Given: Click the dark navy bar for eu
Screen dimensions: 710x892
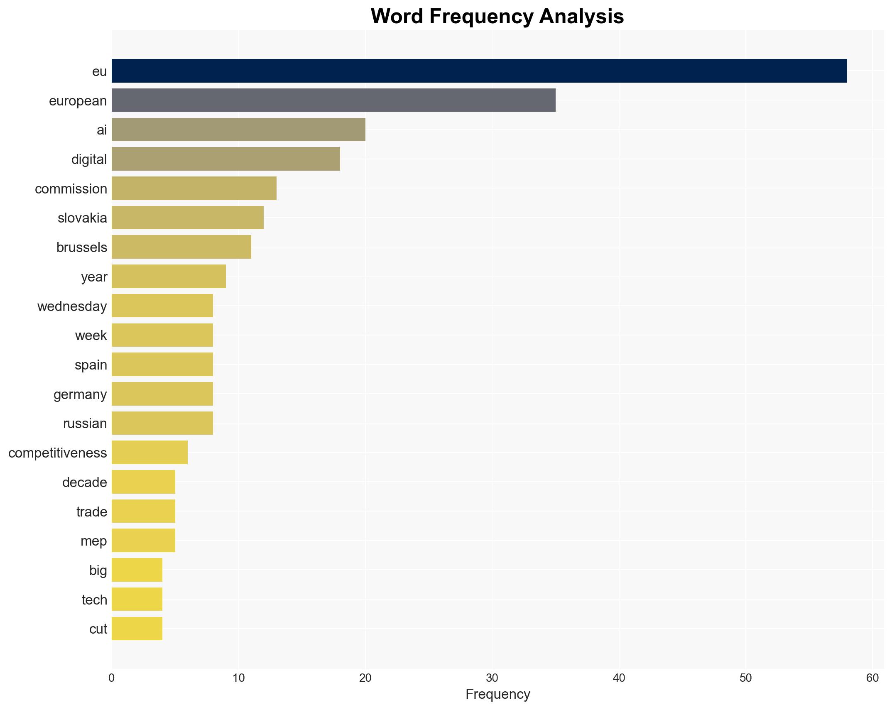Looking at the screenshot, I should (x=479, y=71).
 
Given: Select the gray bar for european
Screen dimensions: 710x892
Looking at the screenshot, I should (x=333, y=100).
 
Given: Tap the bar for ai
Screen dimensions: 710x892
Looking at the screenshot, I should (x=238, y=130).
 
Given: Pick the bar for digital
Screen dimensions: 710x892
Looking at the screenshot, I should (x=225, y=159).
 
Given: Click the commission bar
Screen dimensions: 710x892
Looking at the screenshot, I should (x=194, y=189).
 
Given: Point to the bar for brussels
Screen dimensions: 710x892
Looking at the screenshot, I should (x=181, y=247).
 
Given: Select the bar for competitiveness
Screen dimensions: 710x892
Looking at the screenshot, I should (x=149, y=453).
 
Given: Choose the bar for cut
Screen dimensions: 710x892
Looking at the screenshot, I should (x=137, y=629).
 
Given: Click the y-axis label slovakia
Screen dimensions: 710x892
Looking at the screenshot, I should (x=82, y=218).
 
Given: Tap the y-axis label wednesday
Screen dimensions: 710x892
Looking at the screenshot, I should (x=72, y=306).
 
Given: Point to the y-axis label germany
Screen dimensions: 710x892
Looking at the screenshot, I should (x=80, y=394).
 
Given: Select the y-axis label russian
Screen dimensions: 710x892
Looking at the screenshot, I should (x=85, y=424).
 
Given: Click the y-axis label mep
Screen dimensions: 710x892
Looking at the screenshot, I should (x=93, y=541).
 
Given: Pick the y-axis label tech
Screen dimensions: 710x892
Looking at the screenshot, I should (x=94, y=600).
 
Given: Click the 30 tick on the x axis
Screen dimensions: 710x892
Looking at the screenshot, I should (x=492, y=678).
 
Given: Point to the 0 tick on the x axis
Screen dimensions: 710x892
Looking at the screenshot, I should (x=112, y=678).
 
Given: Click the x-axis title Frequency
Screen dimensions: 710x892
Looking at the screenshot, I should (x=497, y=694).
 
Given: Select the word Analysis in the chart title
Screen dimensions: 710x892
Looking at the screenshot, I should (x=581, y=17).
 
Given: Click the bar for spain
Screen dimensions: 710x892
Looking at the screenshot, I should (x=162, y=365).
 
